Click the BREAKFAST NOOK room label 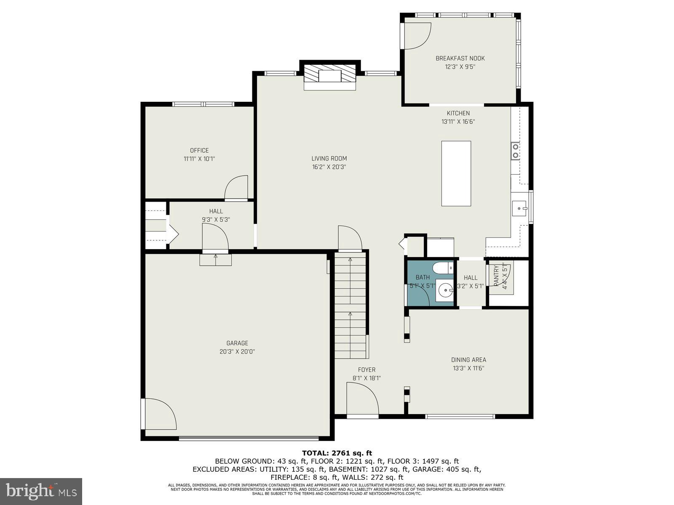(460, 58)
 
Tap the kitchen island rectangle (456, 173)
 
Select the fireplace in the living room (330, 77)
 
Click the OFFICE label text (199, 150)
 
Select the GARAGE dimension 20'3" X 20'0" (237, 352)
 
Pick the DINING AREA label (468, 360)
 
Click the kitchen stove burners (515, 151)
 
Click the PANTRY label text (496, 276)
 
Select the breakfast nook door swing (417, 35)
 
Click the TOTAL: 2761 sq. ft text (337, 453)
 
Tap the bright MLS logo (41, 491)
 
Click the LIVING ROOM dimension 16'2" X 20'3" (329, 167)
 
